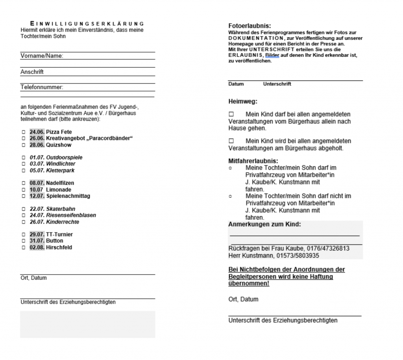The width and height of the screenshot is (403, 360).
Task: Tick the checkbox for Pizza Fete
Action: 23,132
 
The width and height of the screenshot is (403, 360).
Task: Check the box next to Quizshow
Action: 23,145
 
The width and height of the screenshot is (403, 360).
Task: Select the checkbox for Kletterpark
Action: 23,171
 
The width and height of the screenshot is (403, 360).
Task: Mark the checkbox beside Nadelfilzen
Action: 23,183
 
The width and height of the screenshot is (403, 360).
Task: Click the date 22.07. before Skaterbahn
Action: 37,209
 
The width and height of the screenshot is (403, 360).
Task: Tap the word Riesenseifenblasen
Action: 71,215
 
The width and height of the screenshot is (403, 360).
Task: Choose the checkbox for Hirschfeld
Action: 23,248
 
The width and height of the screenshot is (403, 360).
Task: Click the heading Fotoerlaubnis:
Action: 250,26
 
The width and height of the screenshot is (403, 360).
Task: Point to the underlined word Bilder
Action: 272,56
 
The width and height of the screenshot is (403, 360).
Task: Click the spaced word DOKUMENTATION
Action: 256,38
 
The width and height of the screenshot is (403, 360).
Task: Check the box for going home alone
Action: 231,114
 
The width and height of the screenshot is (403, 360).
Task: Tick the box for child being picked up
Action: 231,141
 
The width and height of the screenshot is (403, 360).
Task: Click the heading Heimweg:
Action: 243,101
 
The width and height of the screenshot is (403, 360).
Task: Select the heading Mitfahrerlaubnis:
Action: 253,161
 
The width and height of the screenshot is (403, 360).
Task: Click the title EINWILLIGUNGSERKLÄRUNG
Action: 87,24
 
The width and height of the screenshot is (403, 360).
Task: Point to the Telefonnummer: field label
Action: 42,87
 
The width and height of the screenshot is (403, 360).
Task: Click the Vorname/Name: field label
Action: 42,56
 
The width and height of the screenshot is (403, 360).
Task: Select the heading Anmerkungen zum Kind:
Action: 264,225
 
